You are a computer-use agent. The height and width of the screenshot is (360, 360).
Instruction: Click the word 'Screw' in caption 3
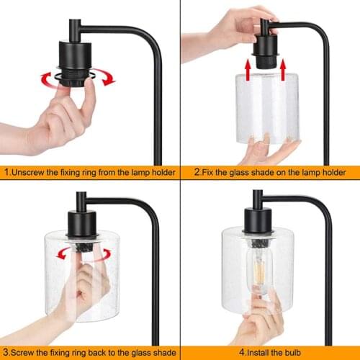point(24,352)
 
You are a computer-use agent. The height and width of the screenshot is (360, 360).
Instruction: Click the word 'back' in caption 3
point(89,352)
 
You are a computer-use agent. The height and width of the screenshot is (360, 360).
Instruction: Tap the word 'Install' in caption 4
point(268,352)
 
